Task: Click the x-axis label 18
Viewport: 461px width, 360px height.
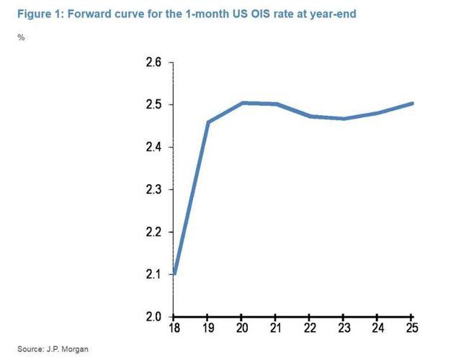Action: (174, 330)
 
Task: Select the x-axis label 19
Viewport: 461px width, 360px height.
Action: (207, 330)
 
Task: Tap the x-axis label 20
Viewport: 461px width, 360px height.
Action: (242, 330)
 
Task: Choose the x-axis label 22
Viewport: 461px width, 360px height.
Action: (309, 330)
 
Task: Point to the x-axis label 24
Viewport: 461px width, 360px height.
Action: (377, 330)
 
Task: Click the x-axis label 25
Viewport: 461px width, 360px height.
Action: (411, 330)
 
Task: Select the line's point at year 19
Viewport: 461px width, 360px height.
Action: (208, 122)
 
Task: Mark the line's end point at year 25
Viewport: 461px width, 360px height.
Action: (411, 104)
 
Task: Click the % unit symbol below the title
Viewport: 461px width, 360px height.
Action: (22, 37)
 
